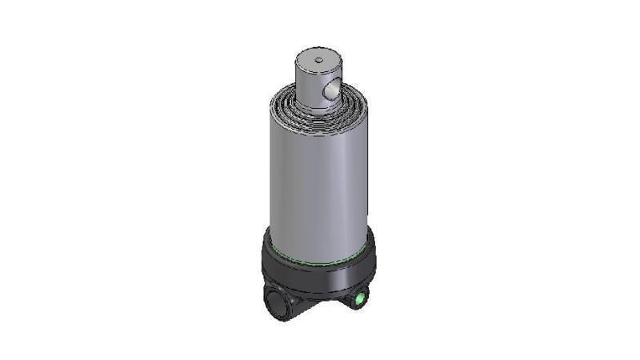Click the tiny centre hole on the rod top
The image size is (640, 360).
(x=318, y=58)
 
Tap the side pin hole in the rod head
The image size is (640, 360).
(x=330, y=93)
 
